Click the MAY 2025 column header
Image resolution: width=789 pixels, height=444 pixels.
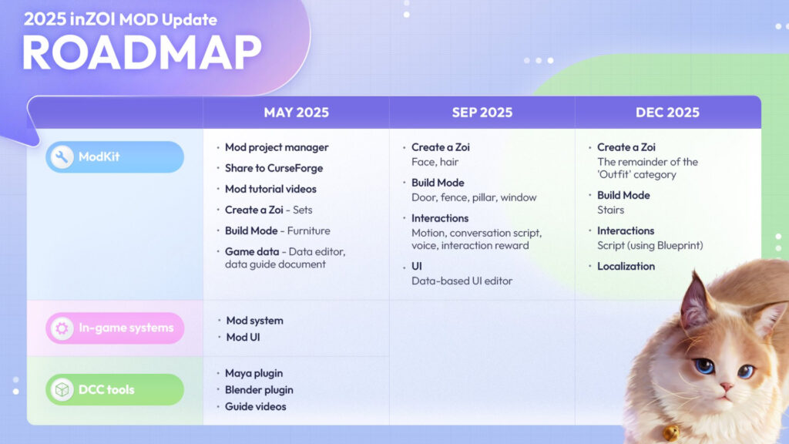pyautogui.click(x=296, y=113)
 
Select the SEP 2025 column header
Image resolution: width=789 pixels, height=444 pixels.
pyautogui.click(x=482, y=113)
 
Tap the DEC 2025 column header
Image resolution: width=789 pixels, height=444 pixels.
pyautogui.click(x=667, y=113)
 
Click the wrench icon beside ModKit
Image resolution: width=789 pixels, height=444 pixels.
pyautogui.click(x=62, y=157)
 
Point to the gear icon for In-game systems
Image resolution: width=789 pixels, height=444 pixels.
pyautogui.click(x=62, y=328)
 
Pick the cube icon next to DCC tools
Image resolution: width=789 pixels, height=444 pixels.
pyautogui.click(x=62, y=390)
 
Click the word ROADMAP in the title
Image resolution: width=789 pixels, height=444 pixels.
pyautogui.click(x=141, y=54)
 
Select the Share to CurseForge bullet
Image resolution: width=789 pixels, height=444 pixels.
pyautogui.click(x=274, y=168)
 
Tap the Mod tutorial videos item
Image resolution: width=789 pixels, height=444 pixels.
pyautogui.click(x=270, y=189)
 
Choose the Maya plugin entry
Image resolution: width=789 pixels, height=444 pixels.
pyautogui.click(x=254, y=373)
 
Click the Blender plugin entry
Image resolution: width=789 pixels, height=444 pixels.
pyautogui.click(x=260, y=390)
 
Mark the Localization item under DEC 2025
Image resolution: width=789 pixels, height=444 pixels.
pyautogui.click(x=626, y=266)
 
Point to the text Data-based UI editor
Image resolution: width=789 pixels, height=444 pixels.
pyautogui.click(x=462, y=281)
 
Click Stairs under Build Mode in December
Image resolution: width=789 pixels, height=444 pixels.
pyautogui.click(x=610, y=210)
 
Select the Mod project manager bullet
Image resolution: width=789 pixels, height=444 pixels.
pyautogui.click(x=277, y=147)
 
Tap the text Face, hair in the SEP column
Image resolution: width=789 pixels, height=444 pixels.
pyautogui.click(x=435, y=162)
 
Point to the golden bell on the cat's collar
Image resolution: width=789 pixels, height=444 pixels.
pyautogui.click(x=671, y=432)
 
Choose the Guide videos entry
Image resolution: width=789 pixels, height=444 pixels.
pyautogui.click(x=255, y=406)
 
